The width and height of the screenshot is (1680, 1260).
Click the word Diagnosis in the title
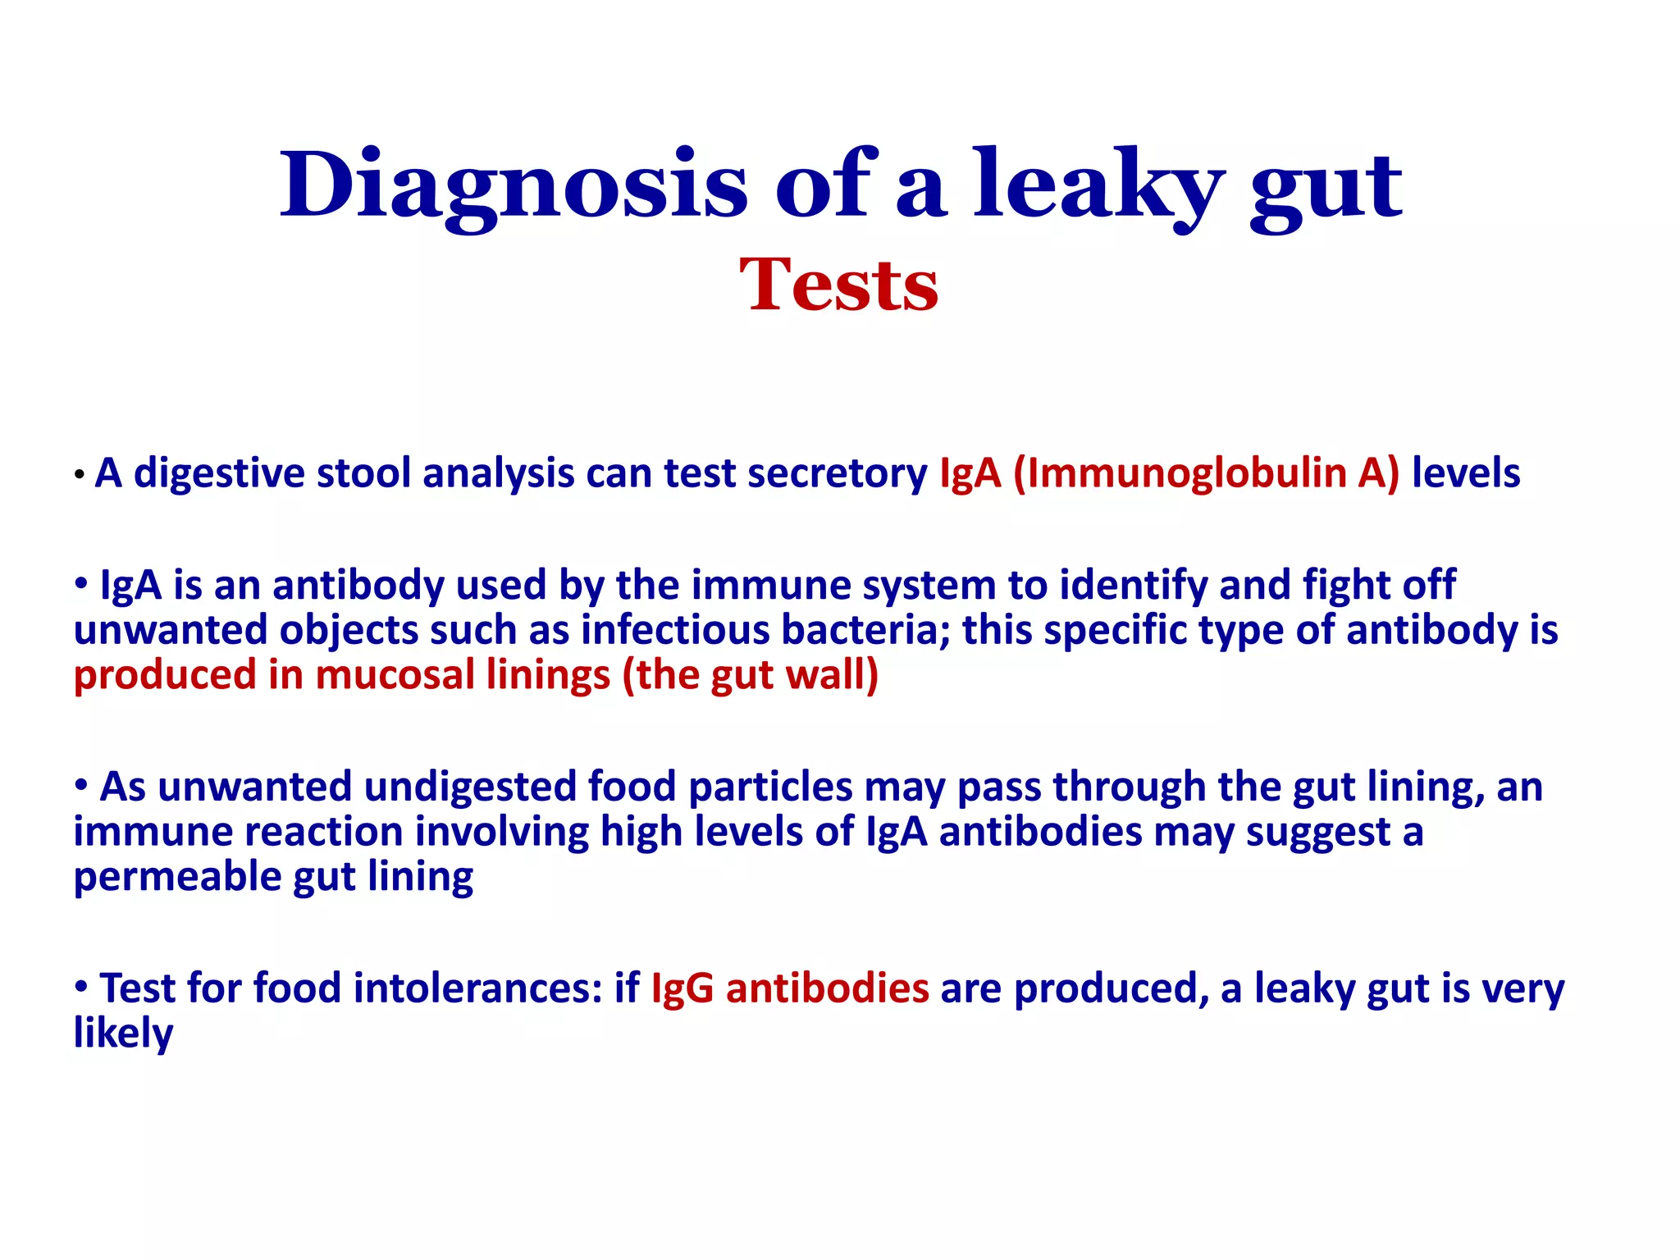(513, 185)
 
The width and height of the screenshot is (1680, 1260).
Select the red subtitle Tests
(838, 285)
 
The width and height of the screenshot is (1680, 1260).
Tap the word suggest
(1317, 832)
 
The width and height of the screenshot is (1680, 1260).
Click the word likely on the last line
(123, 1033)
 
